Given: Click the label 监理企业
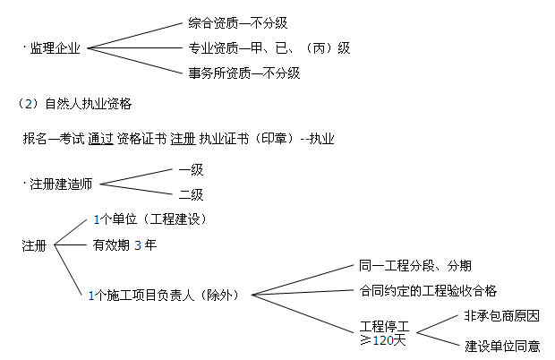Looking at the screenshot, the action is point(55,48).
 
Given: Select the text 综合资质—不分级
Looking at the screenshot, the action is point(237,23).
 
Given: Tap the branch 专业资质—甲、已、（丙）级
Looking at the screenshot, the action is point(269,48).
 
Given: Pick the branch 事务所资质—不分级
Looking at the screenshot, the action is point(243,73).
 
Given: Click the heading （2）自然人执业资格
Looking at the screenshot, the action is point(74,104).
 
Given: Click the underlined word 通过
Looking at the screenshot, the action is point(100,139).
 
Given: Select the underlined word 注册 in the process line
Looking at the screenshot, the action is point(183,139).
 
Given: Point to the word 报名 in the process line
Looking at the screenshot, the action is point(35,139).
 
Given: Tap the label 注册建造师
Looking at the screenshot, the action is point(61,184).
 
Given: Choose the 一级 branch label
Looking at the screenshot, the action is point(191,169).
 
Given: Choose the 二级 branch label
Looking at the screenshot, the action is point(191,194).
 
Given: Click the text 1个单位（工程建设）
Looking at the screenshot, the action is point(150,219).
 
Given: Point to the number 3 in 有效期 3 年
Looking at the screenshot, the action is point(138,245).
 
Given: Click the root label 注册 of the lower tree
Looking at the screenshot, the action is point(34,245).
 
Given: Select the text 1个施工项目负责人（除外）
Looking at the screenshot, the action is point(164,296).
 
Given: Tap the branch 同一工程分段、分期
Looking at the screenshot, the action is point(414,265).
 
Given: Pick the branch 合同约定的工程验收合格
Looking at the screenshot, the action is point(428,291).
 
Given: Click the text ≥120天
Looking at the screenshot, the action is point(382,340).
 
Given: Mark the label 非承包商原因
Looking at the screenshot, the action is point(501,316).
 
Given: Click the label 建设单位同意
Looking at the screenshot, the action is point(502,346).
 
